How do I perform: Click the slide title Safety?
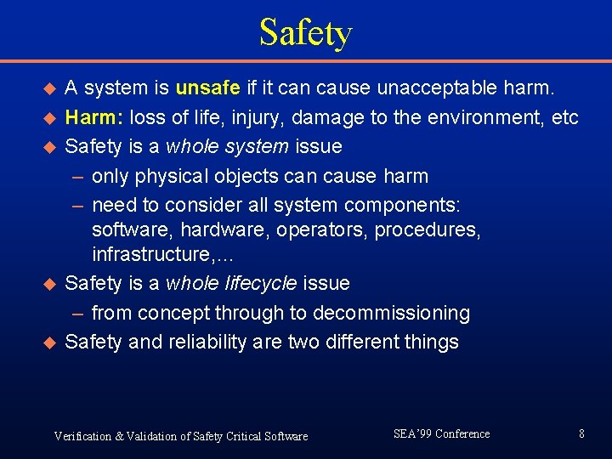click(305, 33)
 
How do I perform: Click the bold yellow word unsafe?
click(207, 88)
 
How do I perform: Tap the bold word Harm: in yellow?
click(93, 117)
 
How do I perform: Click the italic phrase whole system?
click(227, 147)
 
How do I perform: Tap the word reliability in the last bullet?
click(209, 343)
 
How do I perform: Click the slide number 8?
click(581, 434)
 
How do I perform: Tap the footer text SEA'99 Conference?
click(441, 434)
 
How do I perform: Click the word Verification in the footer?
click(82, 436)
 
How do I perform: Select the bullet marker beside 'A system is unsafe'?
click(48, 88)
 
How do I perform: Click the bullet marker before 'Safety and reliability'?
click(48, 343)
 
